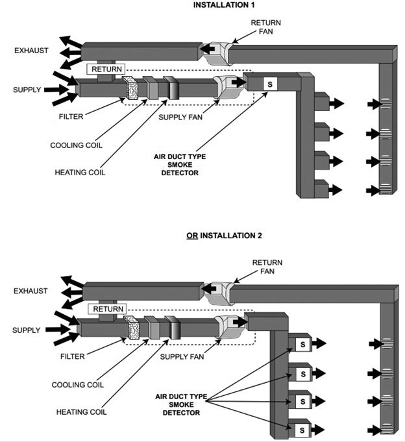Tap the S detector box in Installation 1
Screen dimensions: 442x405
[270, 83]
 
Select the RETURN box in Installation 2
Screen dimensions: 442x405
[108, 308]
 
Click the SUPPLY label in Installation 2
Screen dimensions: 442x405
[27, 330]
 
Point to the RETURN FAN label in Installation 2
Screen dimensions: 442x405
[266, 267]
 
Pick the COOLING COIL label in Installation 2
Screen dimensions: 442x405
[76, 385]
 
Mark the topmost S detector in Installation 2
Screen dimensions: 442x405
[301, 343]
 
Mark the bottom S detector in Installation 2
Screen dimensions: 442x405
[301, 429]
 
